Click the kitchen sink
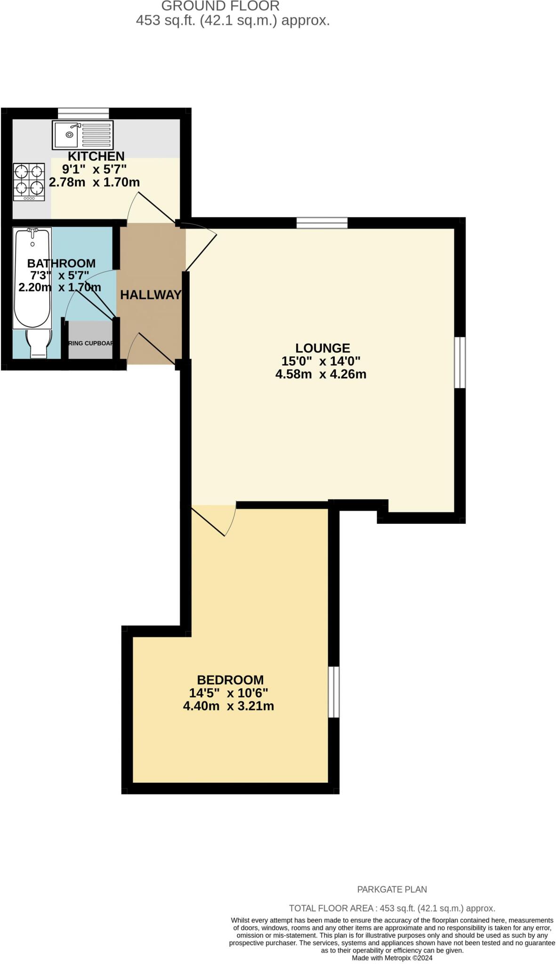click(x=83, y=135)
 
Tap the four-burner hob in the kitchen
click(x=29, y=182)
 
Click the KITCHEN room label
click(x=96, y=156)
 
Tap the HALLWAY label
click(x=151, y=295)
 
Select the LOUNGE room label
click(x=322, y=348)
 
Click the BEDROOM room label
click(x=230, y=680)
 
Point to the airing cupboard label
click(x=91, y=343)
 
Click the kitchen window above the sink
click(x=83, y=113)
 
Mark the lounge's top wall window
click(x=322, y=223)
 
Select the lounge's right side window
click(x=460, y=362)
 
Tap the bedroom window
click(x=333, y=691)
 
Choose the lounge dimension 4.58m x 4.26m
click(x=321, y=375)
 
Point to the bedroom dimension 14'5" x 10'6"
click(x=228, y=693)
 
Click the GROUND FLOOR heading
click(x=220, y=6)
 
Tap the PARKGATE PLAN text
click(x=392, y=890)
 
